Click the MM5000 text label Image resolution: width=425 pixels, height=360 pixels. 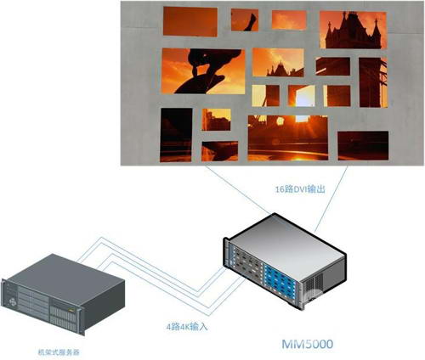pyautogui.click(x=308, y=344)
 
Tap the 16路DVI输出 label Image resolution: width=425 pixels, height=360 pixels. pyautogui.click(x=300, y=189)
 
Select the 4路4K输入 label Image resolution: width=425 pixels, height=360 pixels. pyautogui.click(x=187, y=327)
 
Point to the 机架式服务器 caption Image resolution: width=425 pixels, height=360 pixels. pyautogui.click(x=59, y=352)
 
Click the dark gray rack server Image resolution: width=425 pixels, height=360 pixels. pyautogui.click(x=63, y=295)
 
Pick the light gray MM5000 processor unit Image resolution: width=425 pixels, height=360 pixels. pyautogui.click(x=285, y=262)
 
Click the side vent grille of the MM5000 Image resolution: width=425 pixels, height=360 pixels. pyautogui.click(x=314, y=286)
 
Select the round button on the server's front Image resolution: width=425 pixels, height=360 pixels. pyautogui.click(x=14, y=302)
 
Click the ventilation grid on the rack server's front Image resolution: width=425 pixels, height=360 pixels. pyautogui.click(x=63, y=318)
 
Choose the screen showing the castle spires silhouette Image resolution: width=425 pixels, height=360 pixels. pyautogui.click(x=353, y=30)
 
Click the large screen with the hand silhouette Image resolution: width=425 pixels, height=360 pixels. pyautogui.click(x=203, y=71)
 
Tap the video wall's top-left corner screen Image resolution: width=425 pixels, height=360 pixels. pyautogui.click(x=190, y=21)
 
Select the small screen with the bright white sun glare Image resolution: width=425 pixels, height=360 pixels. pyautogui.click(x=302, y=96)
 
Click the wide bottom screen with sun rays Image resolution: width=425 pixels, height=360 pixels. pyautogui.click(x=288, y=138)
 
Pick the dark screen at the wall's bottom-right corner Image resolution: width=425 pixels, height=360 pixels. pyautogui.click(x=363, y=146)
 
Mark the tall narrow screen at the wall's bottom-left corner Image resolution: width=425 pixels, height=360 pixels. pyautogui.click(x=176, y=135)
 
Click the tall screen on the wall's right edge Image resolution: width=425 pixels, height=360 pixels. pyautogui.click(x=373, y=82)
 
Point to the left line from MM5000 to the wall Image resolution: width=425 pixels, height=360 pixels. pyautogui.click(x=238, y=190)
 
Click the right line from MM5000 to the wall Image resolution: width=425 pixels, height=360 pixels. pyautogui.click(x=331, y=199)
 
